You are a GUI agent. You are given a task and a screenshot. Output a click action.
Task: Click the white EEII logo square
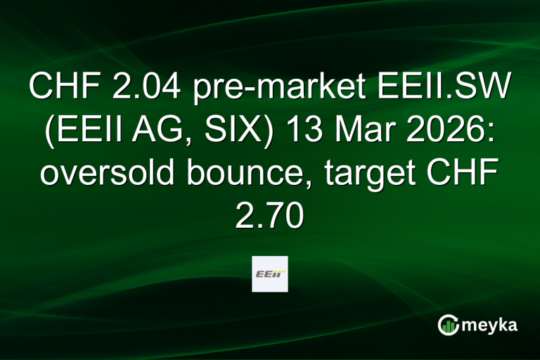click(x=269, y=274)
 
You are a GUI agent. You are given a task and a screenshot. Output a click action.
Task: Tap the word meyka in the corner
click(x=491, y=324)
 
